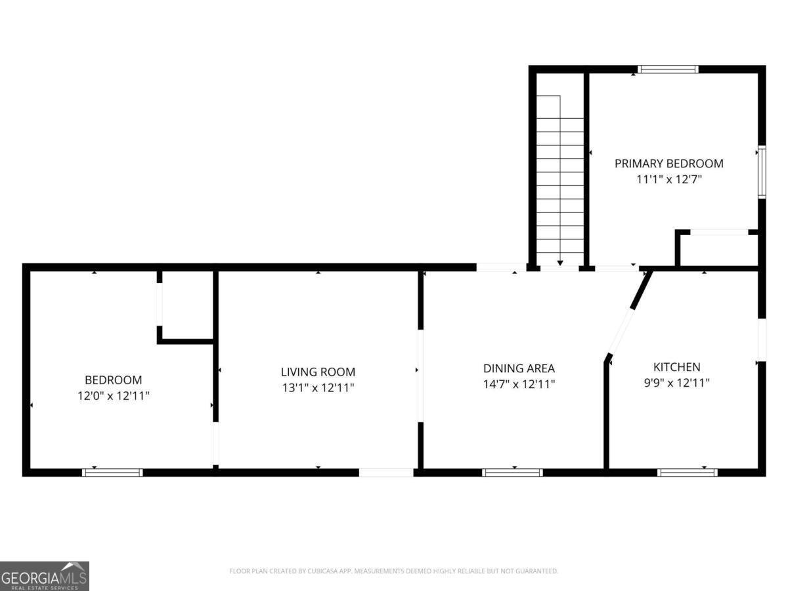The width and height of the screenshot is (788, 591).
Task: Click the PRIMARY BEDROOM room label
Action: [668, 164]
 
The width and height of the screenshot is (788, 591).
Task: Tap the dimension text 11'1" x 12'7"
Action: [668, 179]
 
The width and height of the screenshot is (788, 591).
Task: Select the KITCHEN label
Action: [677, 366]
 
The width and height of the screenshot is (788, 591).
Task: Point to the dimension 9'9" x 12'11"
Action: [677, 383]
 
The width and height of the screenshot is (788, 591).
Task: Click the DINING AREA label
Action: [519, 368]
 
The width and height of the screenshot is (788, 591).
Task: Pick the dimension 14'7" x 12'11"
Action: [519, 384]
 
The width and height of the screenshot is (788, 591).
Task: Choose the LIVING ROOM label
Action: [318, 372]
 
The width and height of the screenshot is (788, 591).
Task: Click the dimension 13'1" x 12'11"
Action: [318, 387]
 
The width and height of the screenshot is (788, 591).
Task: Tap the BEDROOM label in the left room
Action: [114, 380]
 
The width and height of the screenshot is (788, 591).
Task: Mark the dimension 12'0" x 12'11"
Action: [114, 395]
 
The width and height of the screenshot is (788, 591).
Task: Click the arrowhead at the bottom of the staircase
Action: [560, 263]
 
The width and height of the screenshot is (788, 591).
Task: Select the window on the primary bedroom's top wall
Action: [668, 69]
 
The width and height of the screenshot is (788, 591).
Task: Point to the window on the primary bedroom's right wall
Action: [762, 172]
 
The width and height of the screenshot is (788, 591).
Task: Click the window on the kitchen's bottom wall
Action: [687, 472]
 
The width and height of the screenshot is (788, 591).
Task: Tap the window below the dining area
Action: [512, 472]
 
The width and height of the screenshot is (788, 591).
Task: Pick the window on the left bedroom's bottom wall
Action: [112, 472]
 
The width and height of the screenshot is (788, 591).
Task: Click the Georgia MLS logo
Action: [45, 576]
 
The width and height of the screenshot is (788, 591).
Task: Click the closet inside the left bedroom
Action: [187, 305]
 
